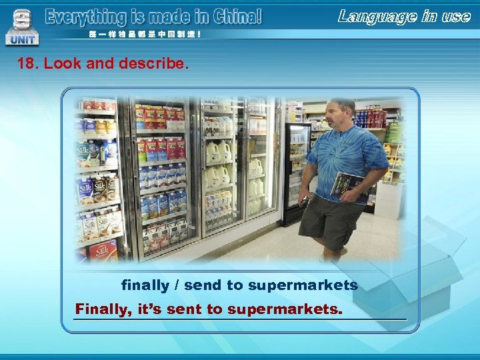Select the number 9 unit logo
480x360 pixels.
22,20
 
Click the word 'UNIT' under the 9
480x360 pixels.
22,40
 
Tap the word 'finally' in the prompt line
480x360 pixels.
145,285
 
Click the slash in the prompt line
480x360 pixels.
177,285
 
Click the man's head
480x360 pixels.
342,113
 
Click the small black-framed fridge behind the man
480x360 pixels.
295,170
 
